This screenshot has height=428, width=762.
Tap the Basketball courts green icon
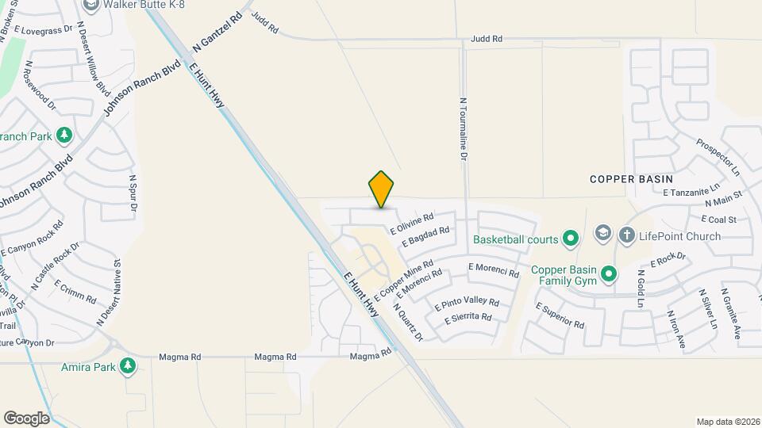click(570, 238)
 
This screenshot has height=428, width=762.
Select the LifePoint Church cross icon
click(626, 235)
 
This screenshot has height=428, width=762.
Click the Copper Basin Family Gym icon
click(609, 274)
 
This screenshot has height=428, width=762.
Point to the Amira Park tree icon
click(127, 366)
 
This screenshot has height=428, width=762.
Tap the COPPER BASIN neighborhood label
click(631, 179)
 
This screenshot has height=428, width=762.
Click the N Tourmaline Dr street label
click(462, 129)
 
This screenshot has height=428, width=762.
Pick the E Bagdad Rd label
click(426, 236)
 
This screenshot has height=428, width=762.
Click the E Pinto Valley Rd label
click(467, 302)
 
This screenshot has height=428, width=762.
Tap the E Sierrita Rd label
click(468, 317)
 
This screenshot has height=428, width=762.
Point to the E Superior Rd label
click(560, 315)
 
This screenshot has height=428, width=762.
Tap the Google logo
click(26, 418)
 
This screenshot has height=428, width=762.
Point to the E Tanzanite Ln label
click(691, 191)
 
